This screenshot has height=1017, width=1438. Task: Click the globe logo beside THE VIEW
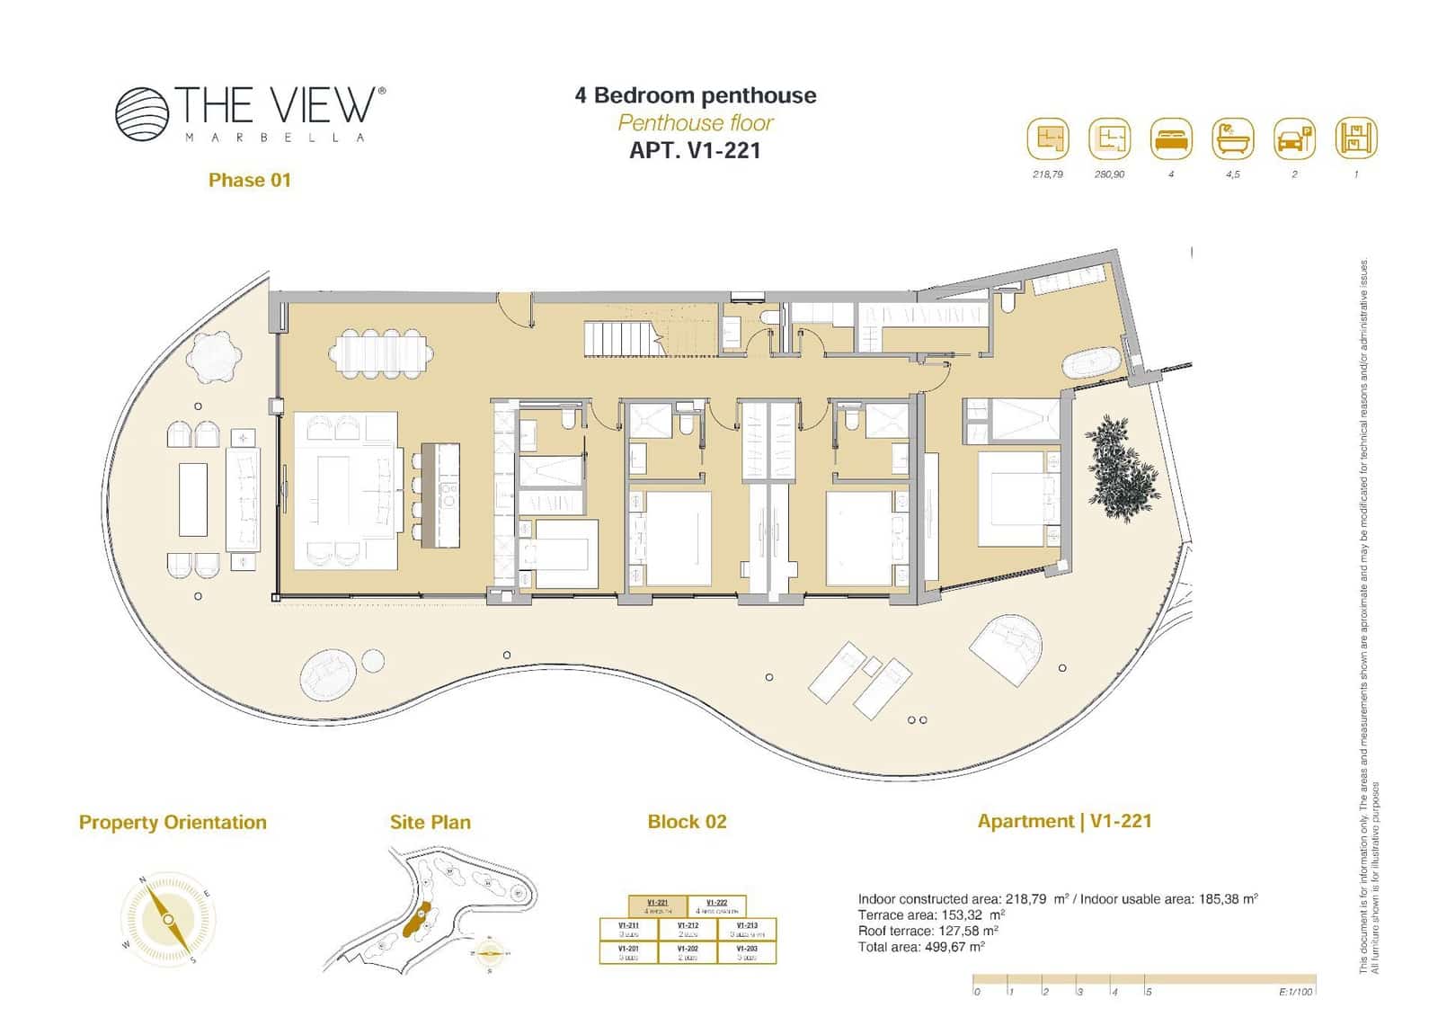click(142, 114)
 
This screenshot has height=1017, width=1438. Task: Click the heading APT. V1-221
click(695, 150)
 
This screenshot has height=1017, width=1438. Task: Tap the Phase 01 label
click(249, 180)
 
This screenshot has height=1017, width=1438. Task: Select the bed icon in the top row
click(1170, 139)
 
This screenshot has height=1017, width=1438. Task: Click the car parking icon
click(1294, 139)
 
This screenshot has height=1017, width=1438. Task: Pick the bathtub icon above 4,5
click(1232, 139)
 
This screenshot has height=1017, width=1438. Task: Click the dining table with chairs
click(380, 352)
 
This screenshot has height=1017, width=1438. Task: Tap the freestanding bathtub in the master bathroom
click(1090, 364)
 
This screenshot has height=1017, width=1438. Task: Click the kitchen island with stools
click(440, 495)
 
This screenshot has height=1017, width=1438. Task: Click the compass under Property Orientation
click(168, 919)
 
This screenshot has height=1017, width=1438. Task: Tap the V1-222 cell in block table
click(716, 905)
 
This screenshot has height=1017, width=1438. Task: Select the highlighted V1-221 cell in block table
click(657, 905)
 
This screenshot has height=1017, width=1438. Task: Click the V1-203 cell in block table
click(746, 952)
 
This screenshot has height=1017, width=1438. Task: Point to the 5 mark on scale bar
click(1148, 992)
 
